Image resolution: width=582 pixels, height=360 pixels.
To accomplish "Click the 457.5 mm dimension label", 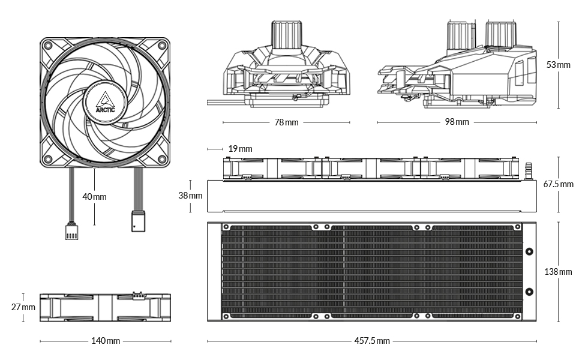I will [372, 341].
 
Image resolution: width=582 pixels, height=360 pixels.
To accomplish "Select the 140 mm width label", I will [106, 341].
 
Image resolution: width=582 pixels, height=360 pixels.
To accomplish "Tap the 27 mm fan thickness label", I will [23, 307].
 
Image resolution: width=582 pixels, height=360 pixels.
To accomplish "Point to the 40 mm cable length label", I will [95, 196].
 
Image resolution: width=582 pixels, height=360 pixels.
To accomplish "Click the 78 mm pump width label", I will [286, 122].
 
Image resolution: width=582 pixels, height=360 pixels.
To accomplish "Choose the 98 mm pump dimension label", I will [457, 122].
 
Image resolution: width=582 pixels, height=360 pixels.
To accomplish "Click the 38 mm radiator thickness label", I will [191, 196].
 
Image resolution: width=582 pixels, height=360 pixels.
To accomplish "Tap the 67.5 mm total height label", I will [558, 184].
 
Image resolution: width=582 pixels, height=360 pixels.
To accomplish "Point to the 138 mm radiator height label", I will [558, 272].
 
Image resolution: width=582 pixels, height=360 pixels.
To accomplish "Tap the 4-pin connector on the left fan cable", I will [70, 231].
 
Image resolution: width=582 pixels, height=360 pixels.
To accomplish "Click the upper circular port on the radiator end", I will [529, 253].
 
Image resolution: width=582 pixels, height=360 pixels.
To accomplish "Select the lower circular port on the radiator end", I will [529, 292].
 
